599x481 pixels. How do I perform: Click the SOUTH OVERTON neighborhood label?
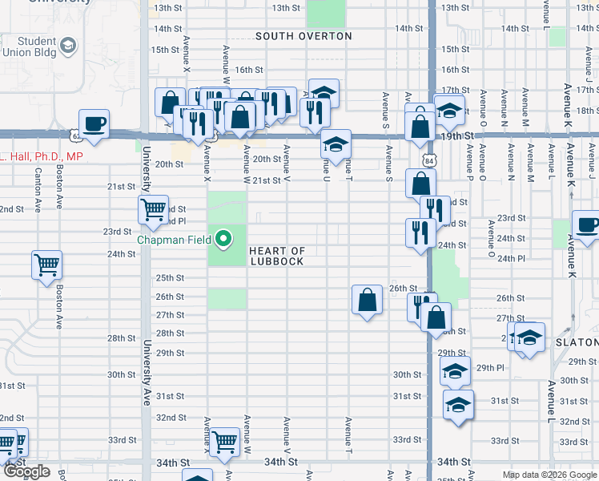pos(304,36)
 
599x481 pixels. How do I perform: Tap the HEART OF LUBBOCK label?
pos(276,257)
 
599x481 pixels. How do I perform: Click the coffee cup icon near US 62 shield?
pos(94,124)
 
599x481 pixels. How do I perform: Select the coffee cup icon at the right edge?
pos(587,226)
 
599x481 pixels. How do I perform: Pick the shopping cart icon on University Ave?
pos(153,210)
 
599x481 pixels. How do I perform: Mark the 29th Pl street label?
pos(492,368)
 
